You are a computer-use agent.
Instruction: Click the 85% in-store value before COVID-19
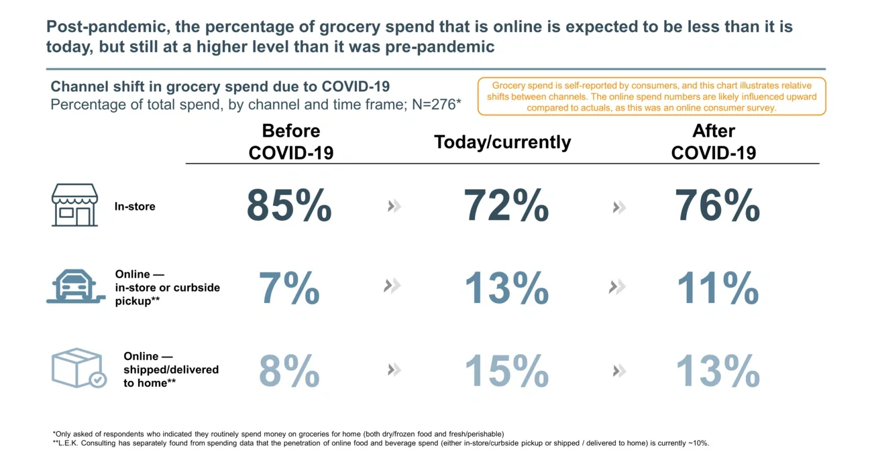(289, 206)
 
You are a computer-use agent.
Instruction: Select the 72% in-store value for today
(506, 206)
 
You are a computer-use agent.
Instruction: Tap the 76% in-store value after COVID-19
(717, 206)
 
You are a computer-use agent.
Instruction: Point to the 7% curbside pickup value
(289, 289)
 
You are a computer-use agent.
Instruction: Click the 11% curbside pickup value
(717, 289)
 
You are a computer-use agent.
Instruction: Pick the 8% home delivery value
(289, 371)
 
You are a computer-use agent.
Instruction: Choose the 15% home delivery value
(506, 371)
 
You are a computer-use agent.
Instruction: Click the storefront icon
(74, 205)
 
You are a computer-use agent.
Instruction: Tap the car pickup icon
(74, 287)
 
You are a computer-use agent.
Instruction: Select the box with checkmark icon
(78, 368)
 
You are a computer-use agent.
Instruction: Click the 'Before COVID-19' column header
(290, 141)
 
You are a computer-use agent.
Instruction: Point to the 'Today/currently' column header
(502, 142)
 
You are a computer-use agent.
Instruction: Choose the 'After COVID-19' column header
(714, 141)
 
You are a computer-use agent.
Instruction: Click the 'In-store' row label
(135, 207)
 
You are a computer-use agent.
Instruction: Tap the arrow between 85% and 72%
(394, 206)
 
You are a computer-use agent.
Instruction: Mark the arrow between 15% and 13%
(619, 371)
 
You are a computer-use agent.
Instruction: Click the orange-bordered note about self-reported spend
(651, 97)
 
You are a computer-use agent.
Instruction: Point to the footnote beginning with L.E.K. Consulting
(380, 443)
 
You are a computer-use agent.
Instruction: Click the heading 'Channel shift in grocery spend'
(220, 86)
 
